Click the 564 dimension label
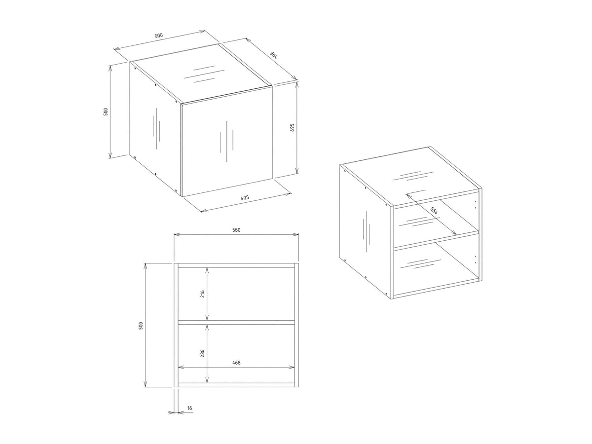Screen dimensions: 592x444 [273, 55]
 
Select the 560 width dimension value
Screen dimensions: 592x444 [236, 230]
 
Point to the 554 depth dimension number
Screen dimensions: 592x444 [434, 211]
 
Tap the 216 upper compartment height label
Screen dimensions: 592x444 [203, 294]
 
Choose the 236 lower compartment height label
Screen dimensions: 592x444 [203, 353]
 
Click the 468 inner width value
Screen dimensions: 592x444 [236, 363]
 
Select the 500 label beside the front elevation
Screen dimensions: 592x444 [141, 326]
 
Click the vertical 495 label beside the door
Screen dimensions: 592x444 [292, 127]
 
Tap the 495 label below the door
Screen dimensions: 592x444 [245, 198]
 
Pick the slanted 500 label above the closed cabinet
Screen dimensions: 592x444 [158, 36]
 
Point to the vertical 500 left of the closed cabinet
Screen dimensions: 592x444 [106, 111]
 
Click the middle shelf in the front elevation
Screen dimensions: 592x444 [236, 322]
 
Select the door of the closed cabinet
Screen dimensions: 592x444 [227, 141]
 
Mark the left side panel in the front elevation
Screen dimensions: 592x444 [176, 325]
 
